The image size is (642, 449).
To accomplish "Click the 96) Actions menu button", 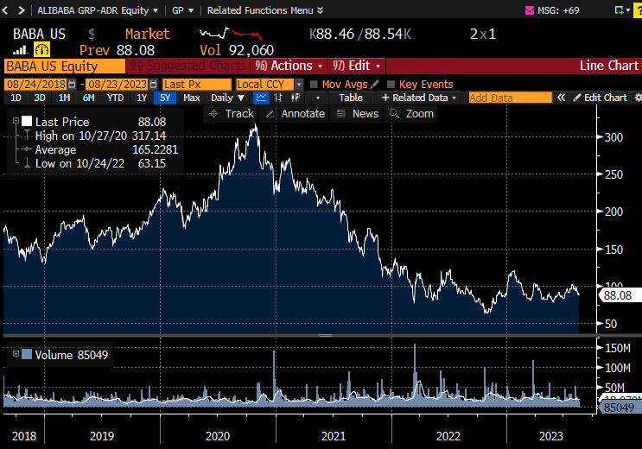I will (289, 66).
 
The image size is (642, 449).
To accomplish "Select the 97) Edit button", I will (356, 66).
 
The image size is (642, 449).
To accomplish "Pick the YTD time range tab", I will (115, 98).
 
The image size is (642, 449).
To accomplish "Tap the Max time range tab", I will (192, 98).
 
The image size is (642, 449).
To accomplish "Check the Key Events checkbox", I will (391, 84).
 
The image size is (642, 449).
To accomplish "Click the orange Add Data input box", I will (510, 98).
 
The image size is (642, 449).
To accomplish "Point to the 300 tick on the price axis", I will (613, 137).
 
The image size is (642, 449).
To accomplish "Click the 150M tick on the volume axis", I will (617, 348).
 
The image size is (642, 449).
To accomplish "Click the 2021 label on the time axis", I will (333, 436).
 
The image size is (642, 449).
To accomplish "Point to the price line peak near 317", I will (254, 126).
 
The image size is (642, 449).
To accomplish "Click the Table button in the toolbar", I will (351, 98).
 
